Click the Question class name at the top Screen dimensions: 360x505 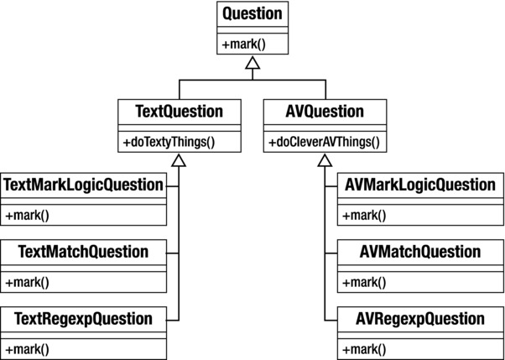click(252, 14)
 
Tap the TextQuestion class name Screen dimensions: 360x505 click(178, 111)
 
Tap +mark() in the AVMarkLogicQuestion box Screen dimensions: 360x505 click(364, 215)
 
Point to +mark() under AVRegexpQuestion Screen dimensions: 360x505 click(364, 349)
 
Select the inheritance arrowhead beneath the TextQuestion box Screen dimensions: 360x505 click(178, 159)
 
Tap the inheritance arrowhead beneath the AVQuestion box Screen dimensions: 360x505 click(326, 159)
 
